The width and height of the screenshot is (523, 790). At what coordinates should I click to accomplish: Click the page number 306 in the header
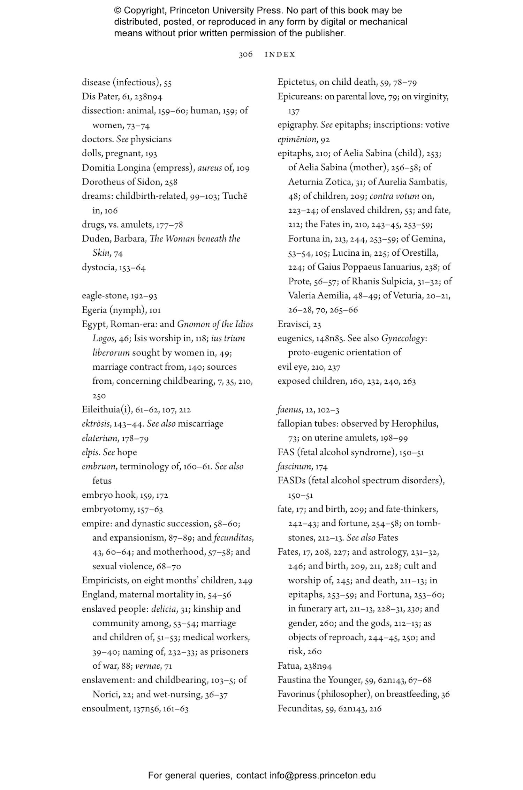[x=245, y=54]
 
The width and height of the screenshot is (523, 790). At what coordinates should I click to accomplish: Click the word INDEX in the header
[x=280, y=54]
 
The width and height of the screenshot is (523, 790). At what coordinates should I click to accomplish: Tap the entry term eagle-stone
[x=105, y=296]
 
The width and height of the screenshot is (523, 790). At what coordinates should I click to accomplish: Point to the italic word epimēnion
[x=296, y=140]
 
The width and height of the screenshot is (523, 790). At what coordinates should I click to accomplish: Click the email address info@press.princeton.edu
[x=322, y=775]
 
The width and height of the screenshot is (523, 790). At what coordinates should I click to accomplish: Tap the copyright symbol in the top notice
[x=118, y=11]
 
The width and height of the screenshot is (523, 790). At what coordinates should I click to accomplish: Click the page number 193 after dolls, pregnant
[x=151, y=154]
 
